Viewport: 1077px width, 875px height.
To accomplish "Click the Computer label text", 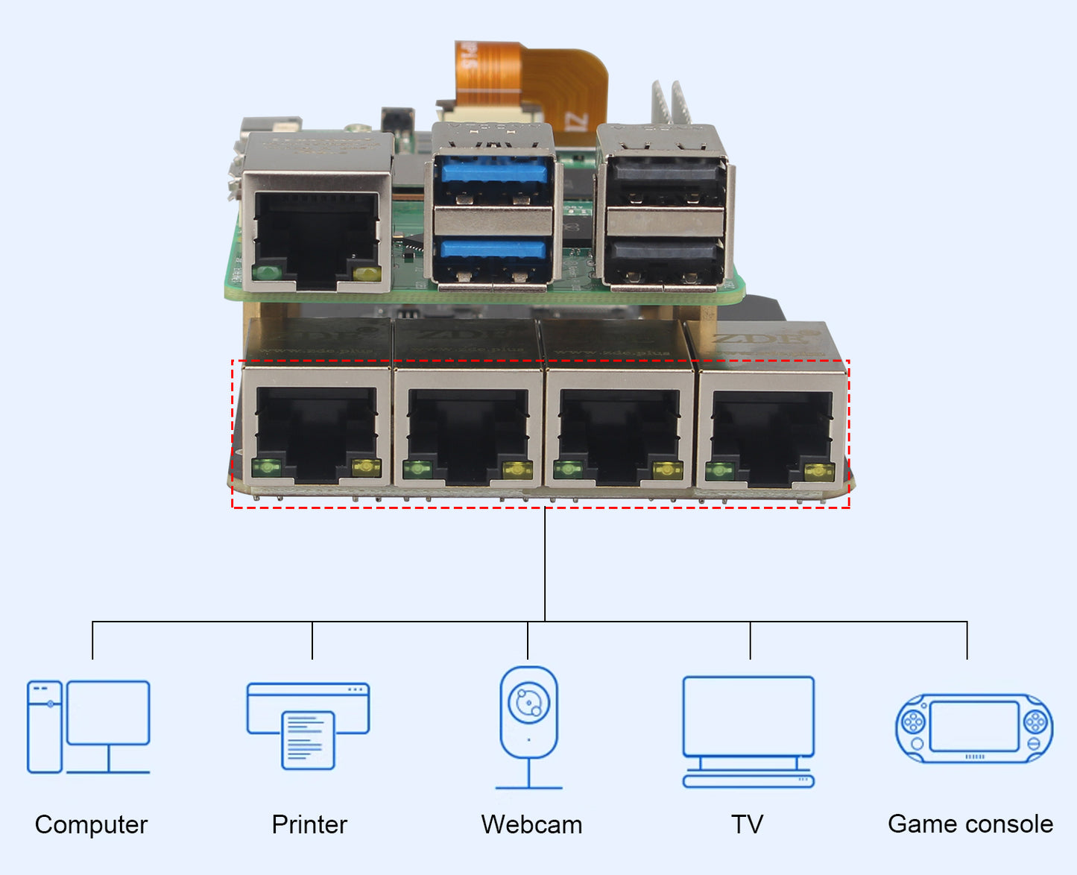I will tap(91, 824).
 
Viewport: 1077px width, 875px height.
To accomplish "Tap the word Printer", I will tap(309, 824).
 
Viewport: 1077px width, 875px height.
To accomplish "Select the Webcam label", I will tap(531, 824).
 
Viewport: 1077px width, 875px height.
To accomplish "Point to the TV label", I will tap(748, 824).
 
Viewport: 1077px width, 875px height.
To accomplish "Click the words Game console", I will tap(970, 824).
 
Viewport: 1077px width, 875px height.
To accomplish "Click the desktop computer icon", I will tap(89, 727).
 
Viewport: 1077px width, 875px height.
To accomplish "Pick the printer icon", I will tap(308, 725).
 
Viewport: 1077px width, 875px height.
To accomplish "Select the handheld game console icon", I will tap(973, 728).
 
